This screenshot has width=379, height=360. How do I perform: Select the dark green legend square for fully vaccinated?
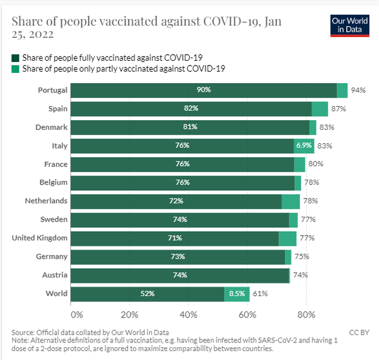click(15, 58)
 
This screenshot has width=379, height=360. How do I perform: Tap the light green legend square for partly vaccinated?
click(15, 69)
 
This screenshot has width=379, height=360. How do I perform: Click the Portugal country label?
click(52, 90)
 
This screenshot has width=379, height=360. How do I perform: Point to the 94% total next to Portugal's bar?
click(358, 90)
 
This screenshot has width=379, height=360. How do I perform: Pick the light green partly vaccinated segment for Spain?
click(320, 109)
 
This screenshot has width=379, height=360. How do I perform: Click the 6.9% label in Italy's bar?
click(303, 146)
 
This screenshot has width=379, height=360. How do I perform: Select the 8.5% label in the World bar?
click(236, 294)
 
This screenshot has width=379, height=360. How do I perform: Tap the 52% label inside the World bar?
click(147, 294)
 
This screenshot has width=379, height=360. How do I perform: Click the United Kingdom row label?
click(39, 238)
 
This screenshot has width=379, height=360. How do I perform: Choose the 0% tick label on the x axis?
click(76, 314)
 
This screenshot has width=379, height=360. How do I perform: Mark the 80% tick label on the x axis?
click(306, 314)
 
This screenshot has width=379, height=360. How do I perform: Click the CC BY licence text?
click(358, 332)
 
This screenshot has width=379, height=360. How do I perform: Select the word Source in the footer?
click(24, 332)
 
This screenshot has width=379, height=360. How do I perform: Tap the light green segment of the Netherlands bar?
click(290, 201)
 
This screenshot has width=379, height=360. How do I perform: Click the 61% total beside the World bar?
click(260, 294)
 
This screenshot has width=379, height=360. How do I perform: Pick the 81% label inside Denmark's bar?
click(190, 127)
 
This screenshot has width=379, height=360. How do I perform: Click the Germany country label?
click(51, 257)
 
